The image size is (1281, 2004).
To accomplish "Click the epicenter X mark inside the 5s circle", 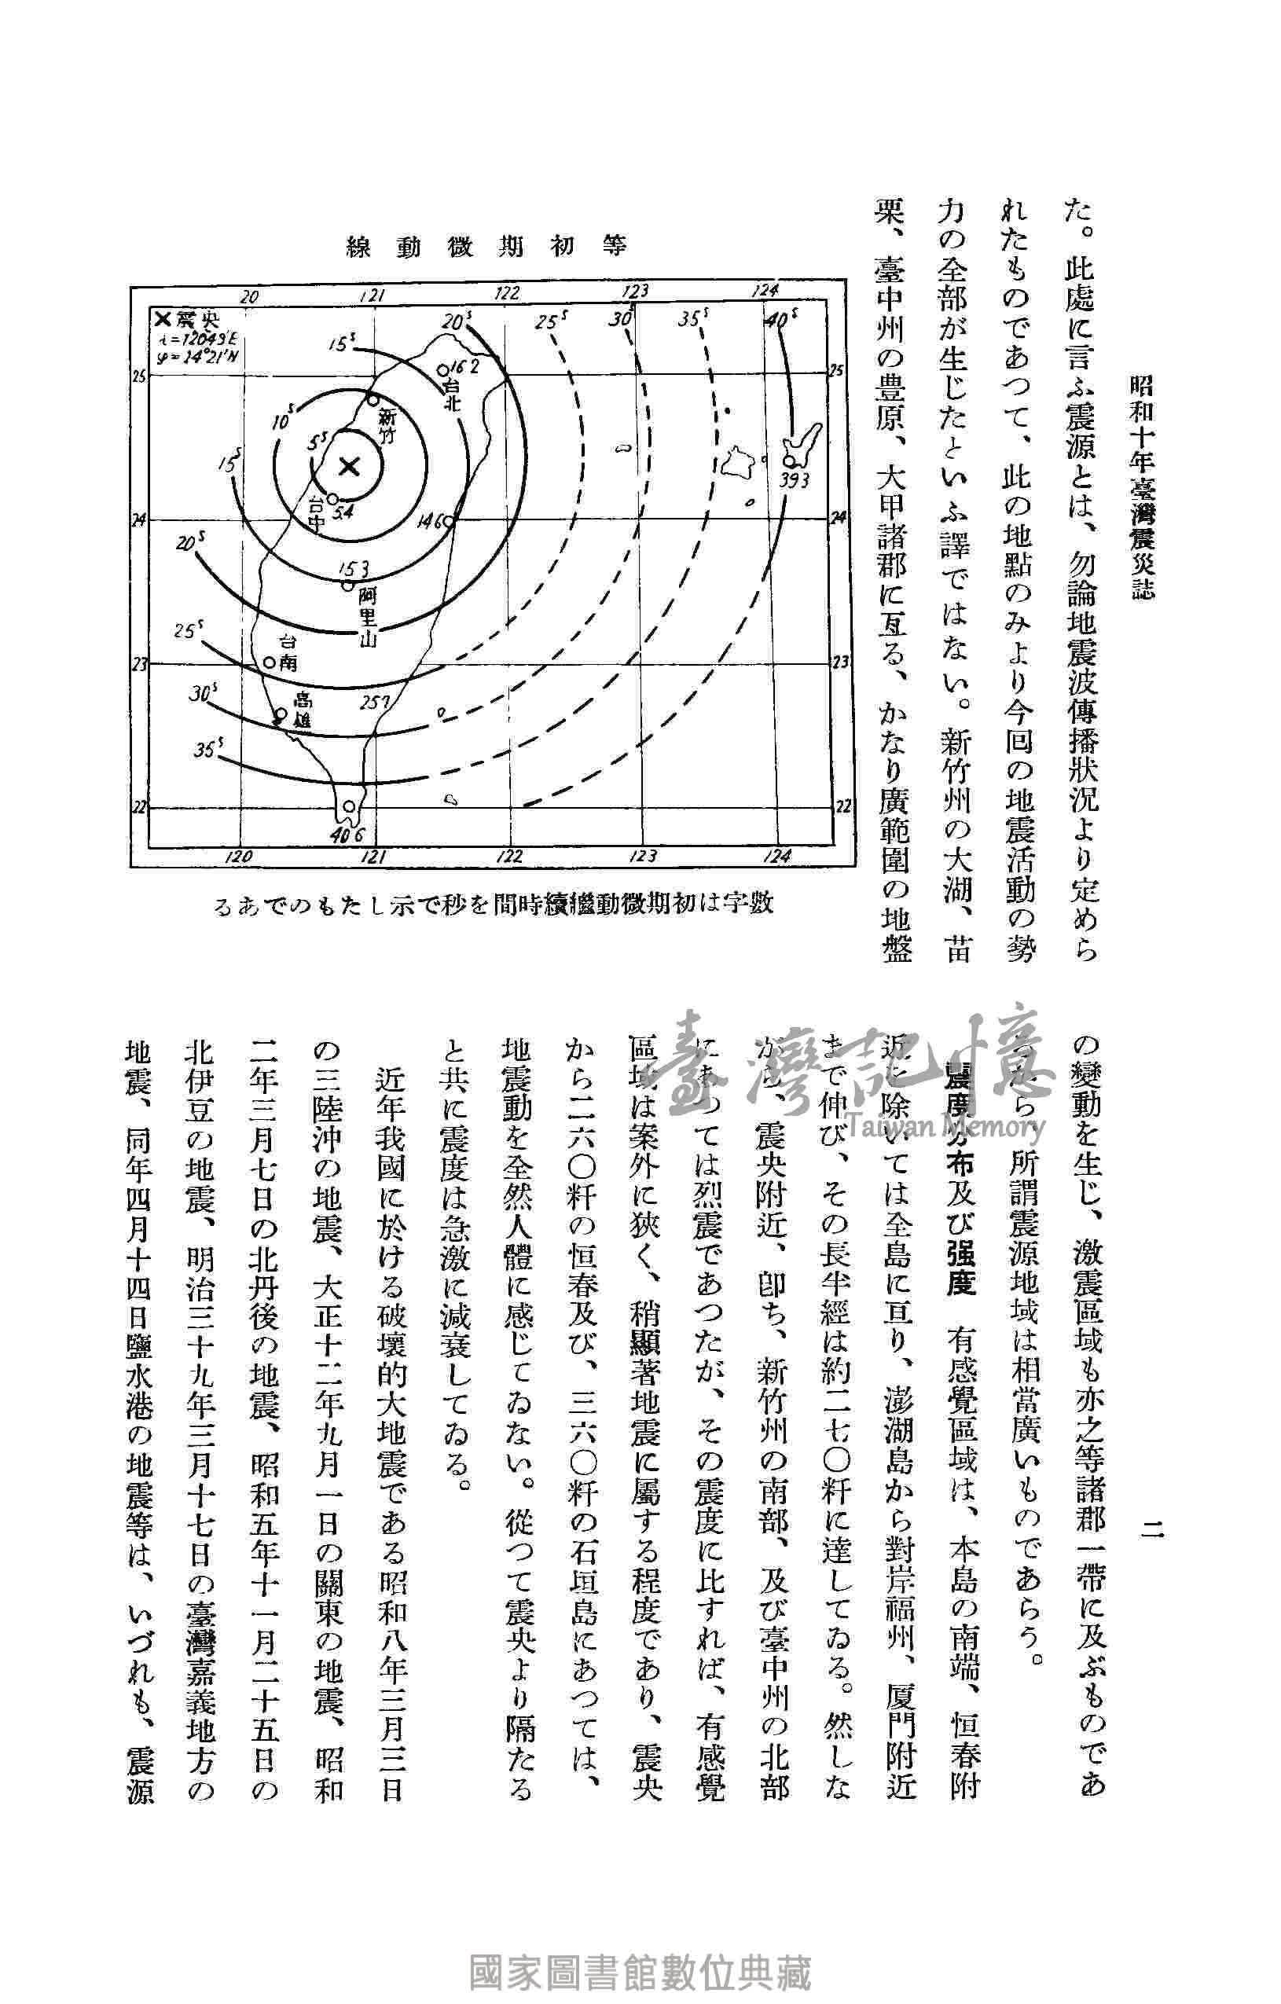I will pyautogui.click(x=350, y=466).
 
